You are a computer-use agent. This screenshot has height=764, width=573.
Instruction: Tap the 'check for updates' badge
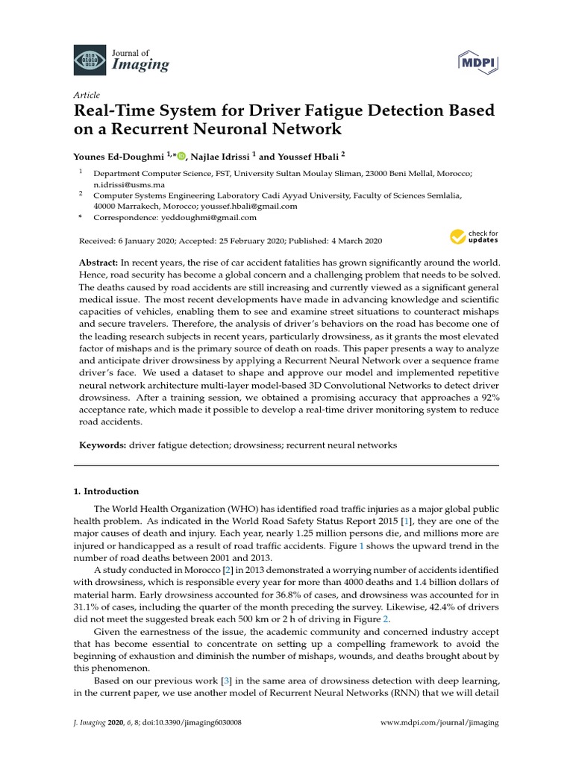click(474, 238)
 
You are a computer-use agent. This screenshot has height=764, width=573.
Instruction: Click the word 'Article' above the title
click(86, 95)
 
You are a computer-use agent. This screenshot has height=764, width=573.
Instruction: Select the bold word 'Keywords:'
click(103, 445)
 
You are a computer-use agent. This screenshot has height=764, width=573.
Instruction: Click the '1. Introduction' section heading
click(106, 491)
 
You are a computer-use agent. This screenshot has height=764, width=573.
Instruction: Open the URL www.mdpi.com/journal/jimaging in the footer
click(439, 723)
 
